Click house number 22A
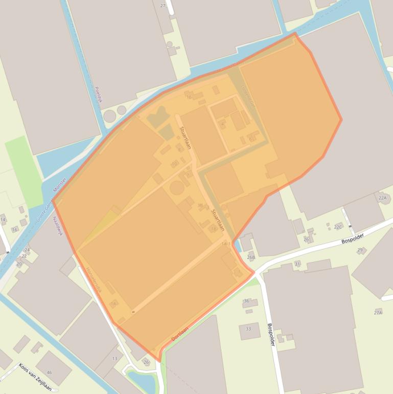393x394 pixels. [x=382, y=198]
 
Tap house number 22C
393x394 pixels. [x=337, y=227]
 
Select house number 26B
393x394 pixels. [x=250, y=257]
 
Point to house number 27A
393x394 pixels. [x=378, y=312]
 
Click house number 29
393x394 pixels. [x=360, y=250]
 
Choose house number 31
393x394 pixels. [x=297, y=264]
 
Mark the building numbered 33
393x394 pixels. [x=249, y=329]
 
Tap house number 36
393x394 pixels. [x=246, y=301]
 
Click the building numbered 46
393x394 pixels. [x=50, y=373]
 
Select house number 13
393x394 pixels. [x=114, y=359]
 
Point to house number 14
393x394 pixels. [x=3, y=220]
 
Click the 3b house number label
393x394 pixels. [x=200, y=206]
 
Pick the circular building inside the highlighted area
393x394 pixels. [x=177, y=188]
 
